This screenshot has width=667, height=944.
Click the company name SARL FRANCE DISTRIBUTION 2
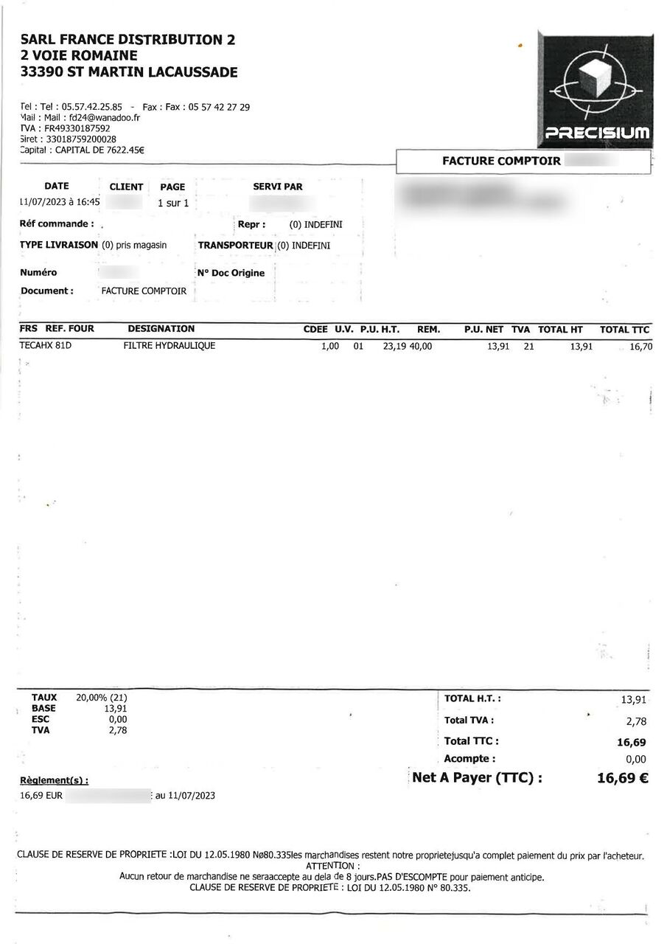pyautogui.click(x=128, y=40)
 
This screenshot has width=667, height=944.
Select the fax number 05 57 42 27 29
pyautogui.click(x=219, y=107)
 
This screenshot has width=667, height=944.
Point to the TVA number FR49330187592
pyautogui.click(x=77, y=128)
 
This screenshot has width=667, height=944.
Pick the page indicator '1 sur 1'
pyautogui.click(x=174, y=203)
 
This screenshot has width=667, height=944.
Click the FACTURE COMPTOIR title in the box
pyautogui.click(x=501, y=161)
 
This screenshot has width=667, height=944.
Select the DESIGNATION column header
pyautogui.click(x=161, y=329)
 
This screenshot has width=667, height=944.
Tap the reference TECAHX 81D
pyautogui.click(x=46, y=345)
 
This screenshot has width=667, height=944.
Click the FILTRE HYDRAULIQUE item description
pyautogui.click(x=170, y=345)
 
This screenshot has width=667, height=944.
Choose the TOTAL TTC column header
pyautogui.click(x=624, y=330)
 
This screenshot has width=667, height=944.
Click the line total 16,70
pyautogui.click(x=640, y=346)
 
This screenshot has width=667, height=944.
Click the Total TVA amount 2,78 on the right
pyautogui.click(x=635, y=721)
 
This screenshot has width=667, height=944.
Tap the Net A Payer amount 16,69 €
pyautogui.click(x=622, y=777)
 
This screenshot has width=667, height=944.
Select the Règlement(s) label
pyautogui.click(x=54, y=780)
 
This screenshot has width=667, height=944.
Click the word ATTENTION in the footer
pyautogui.click(x=333, y=866)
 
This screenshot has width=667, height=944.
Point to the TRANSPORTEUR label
pyautogui.click(x=236, y=245)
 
